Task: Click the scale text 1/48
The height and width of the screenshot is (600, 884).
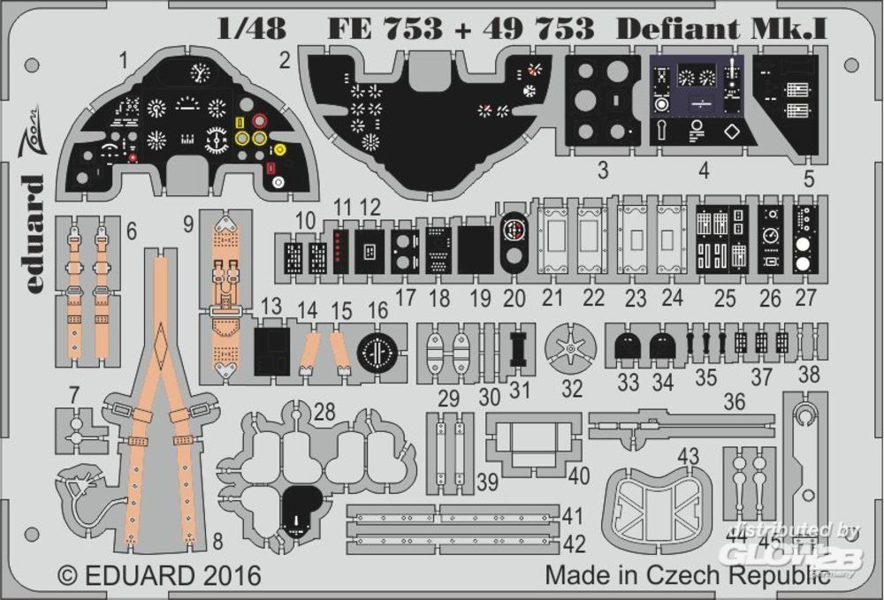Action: (x=251, y=27)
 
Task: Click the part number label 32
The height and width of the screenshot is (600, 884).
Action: (x=572, y=388)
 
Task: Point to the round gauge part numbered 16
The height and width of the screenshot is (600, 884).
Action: (x=378, y=352)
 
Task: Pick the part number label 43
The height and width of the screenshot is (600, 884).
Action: (x=689, y=457)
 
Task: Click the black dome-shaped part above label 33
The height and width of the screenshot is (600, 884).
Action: (x=628, y=347)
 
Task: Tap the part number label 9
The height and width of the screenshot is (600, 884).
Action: (x=188, y=224)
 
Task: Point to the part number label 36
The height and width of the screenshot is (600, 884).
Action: (x=733, y=402)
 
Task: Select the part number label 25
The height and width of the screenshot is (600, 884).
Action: (x=725, y=298)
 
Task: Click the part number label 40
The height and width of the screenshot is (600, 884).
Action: (x=579, y=475)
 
